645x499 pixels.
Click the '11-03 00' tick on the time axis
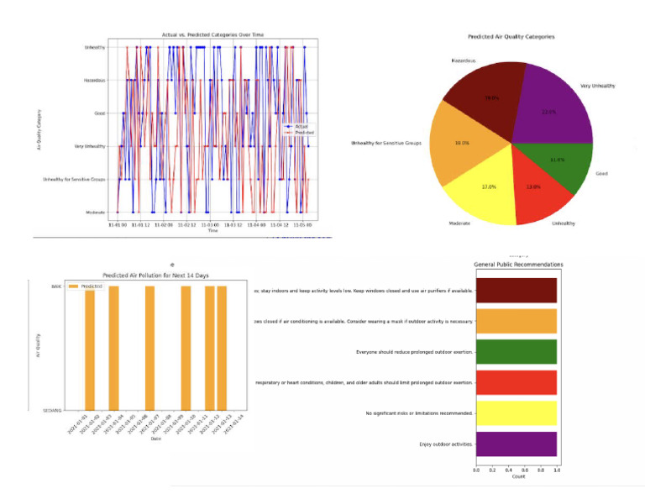(x=209, y=224)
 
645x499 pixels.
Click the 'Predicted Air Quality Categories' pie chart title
(x=511, y=37)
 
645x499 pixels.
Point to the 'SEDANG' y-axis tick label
(x=54, y=409)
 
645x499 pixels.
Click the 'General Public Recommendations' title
(x=518, y=265)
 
